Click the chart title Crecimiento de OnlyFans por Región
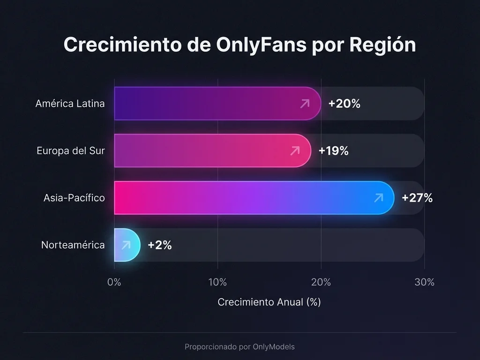coord(240,45)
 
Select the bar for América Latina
coord(217,104)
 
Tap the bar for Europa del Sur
coord(212,150)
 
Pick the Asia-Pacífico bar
coord(254,198)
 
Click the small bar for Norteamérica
coord(127,245)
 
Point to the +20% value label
coord(344,104)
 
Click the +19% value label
coord(333,150)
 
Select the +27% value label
coord(417,198)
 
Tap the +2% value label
coord(159,245)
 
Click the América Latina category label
coord(70,104)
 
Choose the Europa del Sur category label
coord(71,150)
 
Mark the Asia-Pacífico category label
coord(74,198)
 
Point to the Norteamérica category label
coord(73,245)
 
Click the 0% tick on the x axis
coord(114,282)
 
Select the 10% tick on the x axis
coord(217,282)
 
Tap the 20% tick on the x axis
coord(321,282)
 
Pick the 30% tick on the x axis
coord(424,282)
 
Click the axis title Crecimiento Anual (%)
coord(269,302)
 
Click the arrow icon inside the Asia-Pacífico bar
coord(378,198)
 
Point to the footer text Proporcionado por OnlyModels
coord(240,347)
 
